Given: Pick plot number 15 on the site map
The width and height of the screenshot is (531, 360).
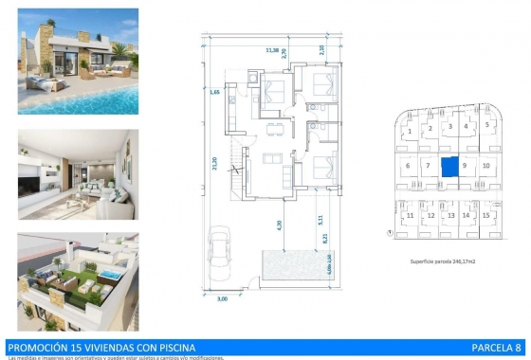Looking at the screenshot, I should [486, 216].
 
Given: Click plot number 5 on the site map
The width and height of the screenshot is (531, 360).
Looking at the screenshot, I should [486, 125].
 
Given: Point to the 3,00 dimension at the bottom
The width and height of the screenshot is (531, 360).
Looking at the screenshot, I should [223, 299].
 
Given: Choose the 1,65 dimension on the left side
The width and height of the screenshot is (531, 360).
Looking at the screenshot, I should [217, 92].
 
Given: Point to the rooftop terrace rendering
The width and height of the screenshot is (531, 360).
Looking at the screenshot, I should [78, 276].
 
